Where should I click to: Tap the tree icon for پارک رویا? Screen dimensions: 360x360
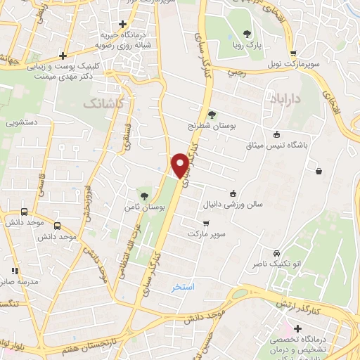[246, 33]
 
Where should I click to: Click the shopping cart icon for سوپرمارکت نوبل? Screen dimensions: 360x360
[293, 52]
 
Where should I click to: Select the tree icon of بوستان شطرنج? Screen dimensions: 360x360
[212, 113]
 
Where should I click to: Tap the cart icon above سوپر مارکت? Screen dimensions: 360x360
[206, 223]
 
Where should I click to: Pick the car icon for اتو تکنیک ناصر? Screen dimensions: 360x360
[276, 252]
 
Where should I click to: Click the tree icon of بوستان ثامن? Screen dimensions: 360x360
[144, 195]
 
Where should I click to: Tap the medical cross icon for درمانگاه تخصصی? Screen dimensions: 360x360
[298, 328]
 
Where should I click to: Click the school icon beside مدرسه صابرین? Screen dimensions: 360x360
[13, 271]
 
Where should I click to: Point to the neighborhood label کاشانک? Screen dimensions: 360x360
[101, 103]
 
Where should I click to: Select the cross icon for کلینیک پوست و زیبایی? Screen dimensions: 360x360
[63, 55]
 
